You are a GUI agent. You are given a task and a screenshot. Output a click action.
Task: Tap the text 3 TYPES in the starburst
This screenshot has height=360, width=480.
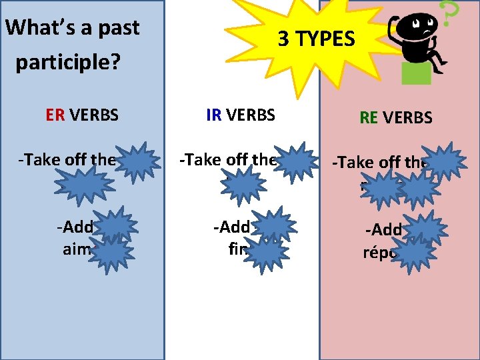tap(316, 39)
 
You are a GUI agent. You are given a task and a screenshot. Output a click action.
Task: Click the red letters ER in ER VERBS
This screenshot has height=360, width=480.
tap(55, 115)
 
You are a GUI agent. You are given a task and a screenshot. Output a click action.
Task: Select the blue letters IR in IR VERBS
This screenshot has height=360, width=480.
tap(214, 115)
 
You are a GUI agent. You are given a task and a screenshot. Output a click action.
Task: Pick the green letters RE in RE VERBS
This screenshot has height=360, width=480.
tap(368, 118)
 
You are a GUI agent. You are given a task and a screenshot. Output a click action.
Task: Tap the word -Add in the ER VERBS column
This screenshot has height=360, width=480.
tap(74, 226)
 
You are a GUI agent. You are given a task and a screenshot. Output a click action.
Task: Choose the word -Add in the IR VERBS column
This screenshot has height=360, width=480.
tap(231, 226)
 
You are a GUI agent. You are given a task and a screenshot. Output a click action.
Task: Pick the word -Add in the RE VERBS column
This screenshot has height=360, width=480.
tap(383, 231)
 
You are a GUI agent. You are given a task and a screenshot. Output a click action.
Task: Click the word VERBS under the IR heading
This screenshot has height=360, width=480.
tap(251, 115)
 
